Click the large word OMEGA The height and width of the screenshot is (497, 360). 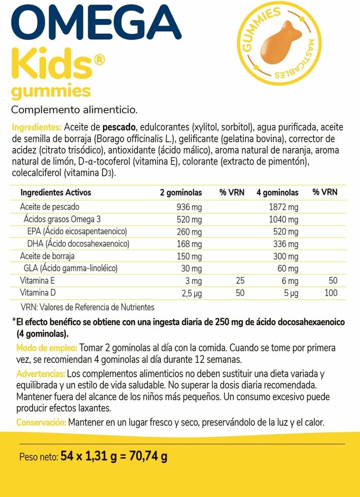click(93, 23)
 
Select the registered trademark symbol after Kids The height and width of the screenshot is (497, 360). click(99, 60)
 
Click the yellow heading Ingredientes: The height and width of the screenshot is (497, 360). click(36, 127)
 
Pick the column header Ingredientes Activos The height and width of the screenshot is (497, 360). click(56, 192)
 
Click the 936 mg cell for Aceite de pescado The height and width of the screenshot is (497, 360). click(189, 207)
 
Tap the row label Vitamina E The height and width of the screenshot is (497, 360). click(37, 281)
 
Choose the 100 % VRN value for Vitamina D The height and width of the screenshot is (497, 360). click(331, 293)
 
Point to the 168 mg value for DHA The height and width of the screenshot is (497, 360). click(190, 244)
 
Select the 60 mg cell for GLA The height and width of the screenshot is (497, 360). click(288, 268)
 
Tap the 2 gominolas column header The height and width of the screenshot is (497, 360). click(181, 192)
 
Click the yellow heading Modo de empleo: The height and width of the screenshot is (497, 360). click(47, 347)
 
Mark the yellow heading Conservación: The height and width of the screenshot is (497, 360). click(41, 422)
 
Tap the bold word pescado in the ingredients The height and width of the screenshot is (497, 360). click(119, 127)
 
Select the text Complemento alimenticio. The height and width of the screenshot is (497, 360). click(74, 109)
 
